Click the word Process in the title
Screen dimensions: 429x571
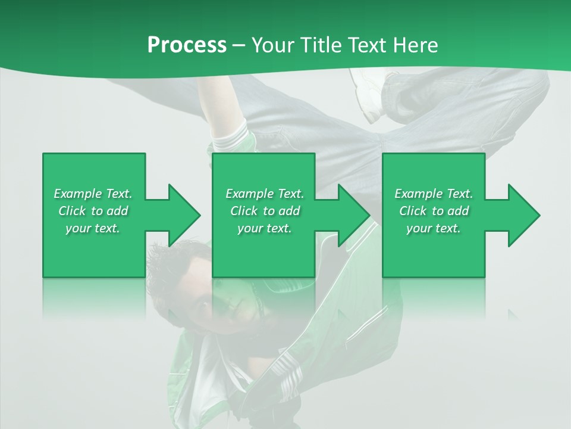pos(187,45)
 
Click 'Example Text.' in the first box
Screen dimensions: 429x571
pos(93,194)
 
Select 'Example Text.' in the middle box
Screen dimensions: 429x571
pos(265,194)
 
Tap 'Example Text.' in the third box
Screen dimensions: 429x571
pos(434,194)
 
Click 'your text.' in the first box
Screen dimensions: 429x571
pos(93,228)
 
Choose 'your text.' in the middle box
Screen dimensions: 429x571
pos(265,228)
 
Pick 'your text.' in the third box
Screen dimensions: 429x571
pos(434,228)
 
